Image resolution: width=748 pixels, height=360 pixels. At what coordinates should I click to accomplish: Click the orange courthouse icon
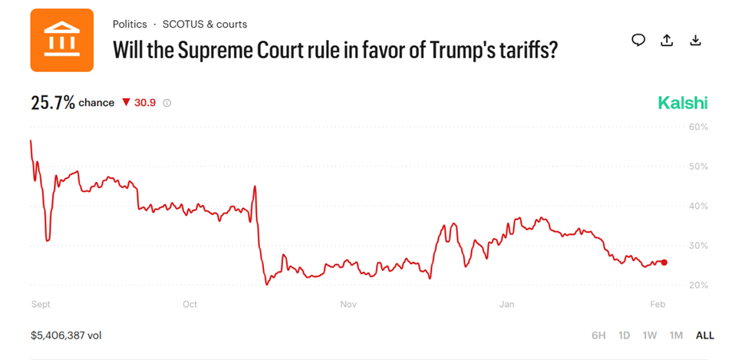click(62, 40)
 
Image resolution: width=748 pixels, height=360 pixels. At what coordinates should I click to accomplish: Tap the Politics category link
click(130, 25)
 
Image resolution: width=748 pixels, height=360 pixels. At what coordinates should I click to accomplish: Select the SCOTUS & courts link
click(205, 25)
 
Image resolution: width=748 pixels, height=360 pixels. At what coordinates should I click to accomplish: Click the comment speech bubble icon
click(638, 41)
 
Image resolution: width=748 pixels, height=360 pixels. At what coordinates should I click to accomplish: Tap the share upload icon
click(667, 41)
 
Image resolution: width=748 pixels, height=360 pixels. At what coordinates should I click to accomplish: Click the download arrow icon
click(696, 41)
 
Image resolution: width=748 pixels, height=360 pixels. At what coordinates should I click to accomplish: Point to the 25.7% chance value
click(53, 103)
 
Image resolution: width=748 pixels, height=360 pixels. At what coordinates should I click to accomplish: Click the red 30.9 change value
click(145, 103)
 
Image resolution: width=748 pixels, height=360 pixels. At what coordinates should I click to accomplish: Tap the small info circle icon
click(167, 103)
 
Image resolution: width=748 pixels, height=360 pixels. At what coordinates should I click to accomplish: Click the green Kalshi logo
click(683, 103)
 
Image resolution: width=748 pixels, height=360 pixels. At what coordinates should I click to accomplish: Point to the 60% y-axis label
click(698, 127)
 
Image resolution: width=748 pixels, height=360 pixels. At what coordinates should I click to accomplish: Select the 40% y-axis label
click(698, 206)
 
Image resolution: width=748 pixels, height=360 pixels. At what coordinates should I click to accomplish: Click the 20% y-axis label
click(698, 286)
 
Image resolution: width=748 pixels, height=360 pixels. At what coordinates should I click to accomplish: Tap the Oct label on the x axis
click(189, 305)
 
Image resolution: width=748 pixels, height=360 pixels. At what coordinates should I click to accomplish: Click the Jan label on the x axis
click(506, 305)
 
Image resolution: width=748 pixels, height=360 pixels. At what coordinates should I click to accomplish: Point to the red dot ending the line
click(664, 263)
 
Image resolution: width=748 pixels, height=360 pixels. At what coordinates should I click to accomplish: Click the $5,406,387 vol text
click(66, 335)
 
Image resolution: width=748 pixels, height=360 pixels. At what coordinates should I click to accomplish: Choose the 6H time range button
click(598, 335)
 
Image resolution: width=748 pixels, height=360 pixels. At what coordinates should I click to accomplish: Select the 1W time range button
click(650, 335)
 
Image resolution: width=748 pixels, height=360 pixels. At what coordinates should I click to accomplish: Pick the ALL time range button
click(704, 335)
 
